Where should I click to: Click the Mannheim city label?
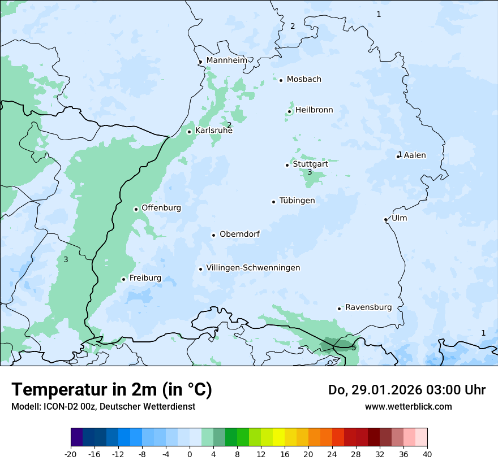click(x=226, y=60)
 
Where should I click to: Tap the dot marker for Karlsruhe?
click(x=190, y=132)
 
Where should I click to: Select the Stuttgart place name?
click(x=310, y=164)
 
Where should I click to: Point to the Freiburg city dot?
click(x=123, y=279)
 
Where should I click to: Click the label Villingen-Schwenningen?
click(x=253, y=268)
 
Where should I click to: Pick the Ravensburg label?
click(x=368, y=307)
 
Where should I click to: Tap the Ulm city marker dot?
click(x=385, y=219)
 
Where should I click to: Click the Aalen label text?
click(x=415, y=155)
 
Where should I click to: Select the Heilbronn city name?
click(x=314, y=110)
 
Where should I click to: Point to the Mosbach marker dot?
click(x=281, y=80)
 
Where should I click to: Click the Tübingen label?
click(x=297, y=201)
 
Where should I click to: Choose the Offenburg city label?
click(x=161, y=208)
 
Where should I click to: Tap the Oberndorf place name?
click(x=239, y=234)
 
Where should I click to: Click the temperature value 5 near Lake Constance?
click(x=354, y=348)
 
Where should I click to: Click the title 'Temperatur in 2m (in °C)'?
click(x=111, y=389)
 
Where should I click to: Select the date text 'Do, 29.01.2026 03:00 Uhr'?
click(x=407, y=390)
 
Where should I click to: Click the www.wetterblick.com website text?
click(x=408, y=406)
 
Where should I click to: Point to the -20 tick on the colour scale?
click(x=71, y=454)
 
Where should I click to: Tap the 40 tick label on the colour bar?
click(x=427, y=454)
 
